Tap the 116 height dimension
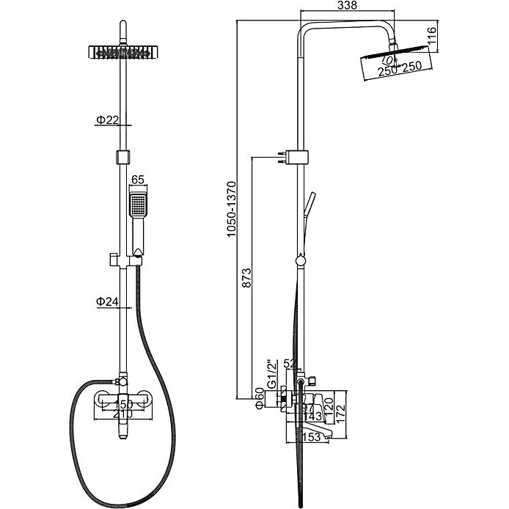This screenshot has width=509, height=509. (x=432, y=37)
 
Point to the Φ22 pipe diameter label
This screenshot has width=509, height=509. (x=106, y=120)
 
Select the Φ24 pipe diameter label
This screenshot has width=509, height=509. (x=106, y=301)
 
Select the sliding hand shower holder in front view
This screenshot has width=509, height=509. (x=114, y=259)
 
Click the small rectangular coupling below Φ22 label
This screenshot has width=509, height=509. (x=122, y=155)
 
